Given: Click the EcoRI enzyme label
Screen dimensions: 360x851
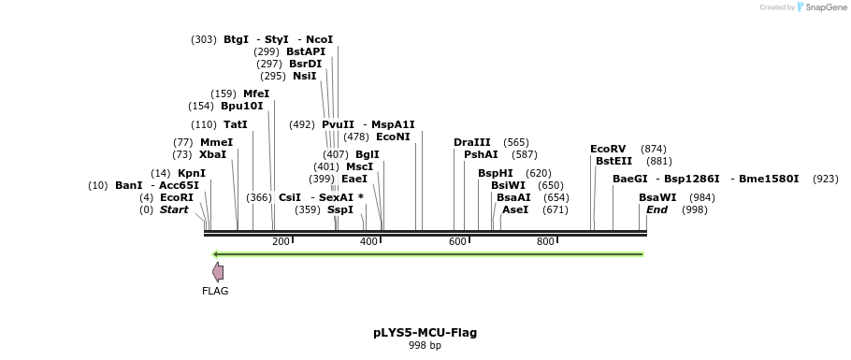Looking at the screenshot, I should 177,197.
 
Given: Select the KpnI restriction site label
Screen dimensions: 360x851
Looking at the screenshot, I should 192,173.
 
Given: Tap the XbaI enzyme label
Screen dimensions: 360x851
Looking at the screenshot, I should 212,154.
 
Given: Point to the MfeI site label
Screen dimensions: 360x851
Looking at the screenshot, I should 256,94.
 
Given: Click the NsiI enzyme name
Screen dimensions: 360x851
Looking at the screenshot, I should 304,76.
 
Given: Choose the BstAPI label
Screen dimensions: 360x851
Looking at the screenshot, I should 306,51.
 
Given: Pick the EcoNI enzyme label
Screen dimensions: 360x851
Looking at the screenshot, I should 393,137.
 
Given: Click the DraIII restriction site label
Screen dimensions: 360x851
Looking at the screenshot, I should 471,142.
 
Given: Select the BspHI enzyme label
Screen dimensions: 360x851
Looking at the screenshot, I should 495,173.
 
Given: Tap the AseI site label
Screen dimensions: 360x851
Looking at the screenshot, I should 514,209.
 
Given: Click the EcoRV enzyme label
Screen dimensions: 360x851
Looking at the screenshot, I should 608,149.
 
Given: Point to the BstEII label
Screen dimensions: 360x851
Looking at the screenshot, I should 613,161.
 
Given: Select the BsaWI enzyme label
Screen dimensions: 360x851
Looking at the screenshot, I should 657,197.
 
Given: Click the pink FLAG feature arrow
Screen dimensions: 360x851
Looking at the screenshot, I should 218,272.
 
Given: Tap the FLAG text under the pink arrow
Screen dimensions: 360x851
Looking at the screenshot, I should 215,291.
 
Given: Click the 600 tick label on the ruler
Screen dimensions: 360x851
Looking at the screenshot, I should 457,242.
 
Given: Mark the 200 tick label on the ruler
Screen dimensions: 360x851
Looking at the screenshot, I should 281,242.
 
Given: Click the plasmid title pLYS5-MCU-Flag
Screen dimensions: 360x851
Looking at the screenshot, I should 425,332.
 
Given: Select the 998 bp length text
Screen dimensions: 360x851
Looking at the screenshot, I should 425,345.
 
